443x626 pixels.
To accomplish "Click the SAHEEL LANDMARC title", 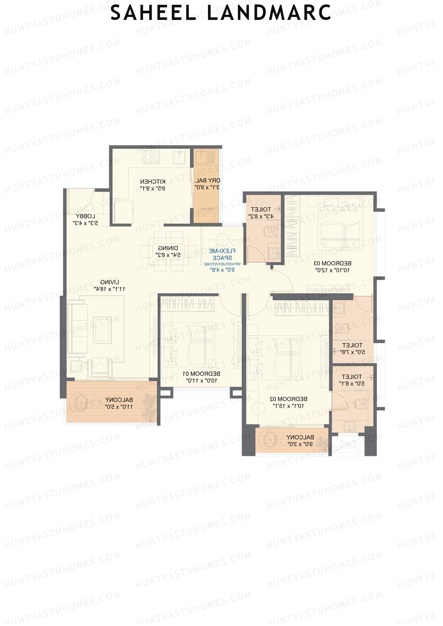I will (x=221, y=13).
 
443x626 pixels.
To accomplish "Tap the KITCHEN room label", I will (x=152, y=181).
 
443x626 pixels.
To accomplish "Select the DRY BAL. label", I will (x=207, y=180).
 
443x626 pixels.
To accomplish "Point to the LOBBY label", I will (x=85, y=216).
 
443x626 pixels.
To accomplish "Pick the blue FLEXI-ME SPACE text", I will (x=222, y=254).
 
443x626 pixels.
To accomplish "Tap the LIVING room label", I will (x=110, y=282).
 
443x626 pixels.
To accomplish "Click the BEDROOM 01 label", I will (x=202, y=374).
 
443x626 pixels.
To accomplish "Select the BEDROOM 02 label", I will (x=288, y=399).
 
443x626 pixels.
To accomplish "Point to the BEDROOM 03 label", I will (x=332, y=263).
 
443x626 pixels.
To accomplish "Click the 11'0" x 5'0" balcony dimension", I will (x=119, y=407).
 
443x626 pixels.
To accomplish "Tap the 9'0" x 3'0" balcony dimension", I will (x=300, y=444).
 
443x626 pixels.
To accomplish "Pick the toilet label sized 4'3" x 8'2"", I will (x=261, y=209).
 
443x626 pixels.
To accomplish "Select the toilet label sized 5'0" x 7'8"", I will (x=353, y=345).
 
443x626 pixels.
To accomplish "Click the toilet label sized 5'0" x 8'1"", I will (x=352, y=377).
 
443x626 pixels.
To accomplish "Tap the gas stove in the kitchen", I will (x=151, y=158).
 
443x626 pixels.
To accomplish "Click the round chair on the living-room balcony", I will (x=78, y=403).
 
